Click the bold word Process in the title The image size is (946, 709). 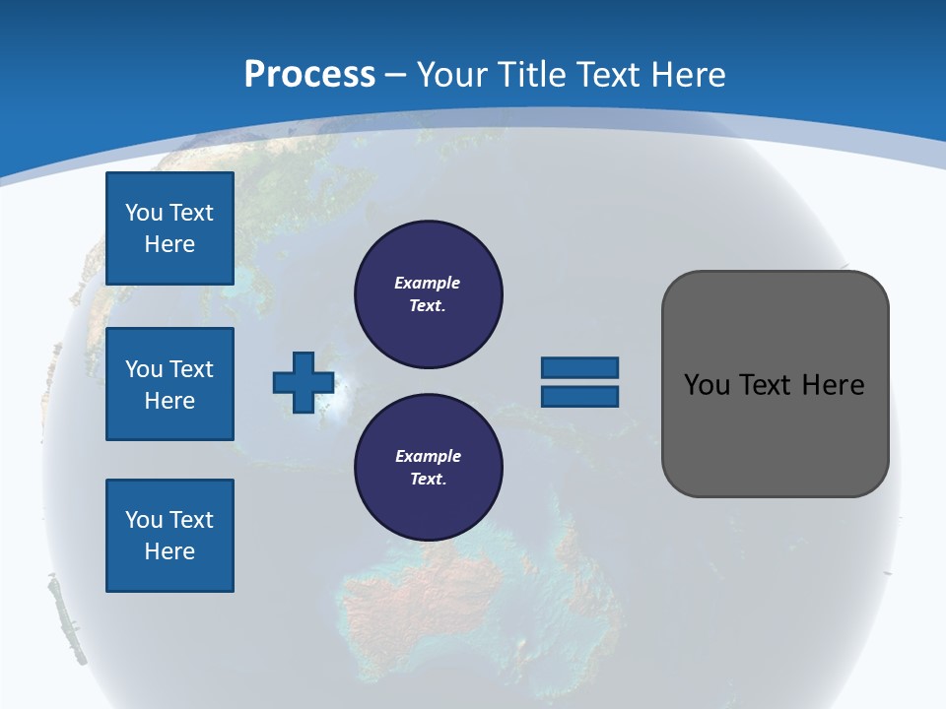tap(309, 75)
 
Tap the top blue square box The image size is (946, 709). tap(169, 228)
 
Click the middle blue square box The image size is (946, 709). tap(169, 384)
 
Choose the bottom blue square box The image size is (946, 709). tap(169, 536)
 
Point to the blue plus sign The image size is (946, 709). tap(304, 382)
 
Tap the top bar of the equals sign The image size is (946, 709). tap(579, 367)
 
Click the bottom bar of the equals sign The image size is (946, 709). tap(579, 397)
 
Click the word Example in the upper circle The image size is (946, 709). tap(427, 283)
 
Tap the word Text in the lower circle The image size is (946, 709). tap(427, 480)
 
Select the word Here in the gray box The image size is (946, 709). tap(833, 385)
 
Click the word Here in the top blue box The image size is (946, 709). tap(169, 244)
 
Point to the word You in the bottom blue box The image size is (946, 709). tap(143, 520)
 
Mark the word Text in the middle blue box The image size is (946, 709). tap(191, 369)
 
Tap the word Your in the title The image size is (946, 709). tap(451, 75)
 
